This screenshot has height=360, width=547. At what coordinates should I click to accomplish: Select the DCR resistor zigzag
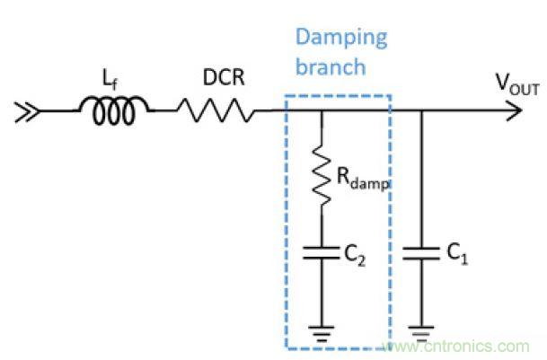[216, 111]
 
